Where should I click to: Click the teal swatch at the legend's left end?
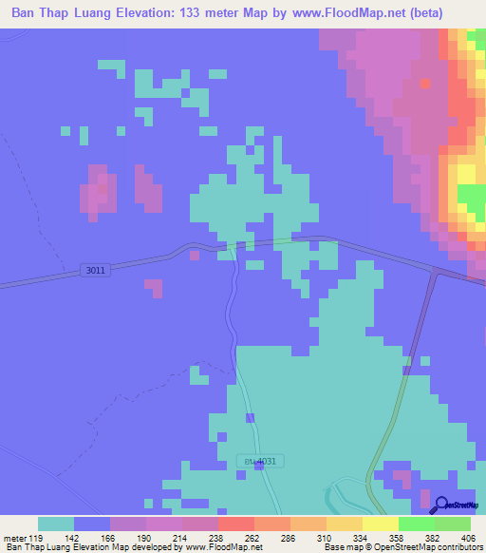[x=56, y=524]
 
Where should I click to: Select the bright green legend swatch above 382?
[x=416, y=524]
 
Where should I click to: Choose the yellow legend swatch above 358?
[x=380, y=524]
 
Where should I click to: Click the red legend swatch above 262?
[x=235, y=524]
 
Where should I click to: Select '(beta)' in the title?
[x=458, y=14]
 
